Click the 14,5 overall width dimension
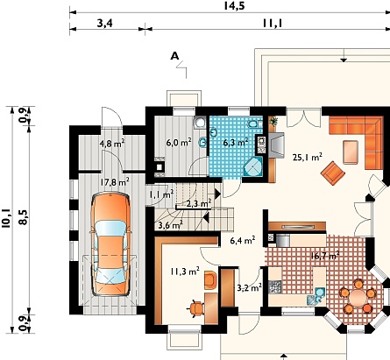point(234,6)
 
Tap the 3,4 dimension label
point(105,23)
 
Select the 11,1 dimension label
point(272,23)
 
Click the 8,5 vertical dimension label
point(23,217)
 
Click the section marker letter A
point(174,56)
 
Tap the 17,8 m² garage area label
point(115,182)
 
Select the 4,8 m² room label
point(112,144)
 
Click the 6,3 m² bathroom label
point(236,143)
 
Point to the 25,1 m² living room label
point(308,158)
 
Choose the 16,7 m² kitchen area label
point(325,256)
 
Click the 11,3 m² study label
point(185,272)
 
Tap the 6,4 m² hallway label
point(243,240)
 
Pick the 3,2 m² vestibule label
point(249,288)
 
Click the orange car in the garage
point(110,244)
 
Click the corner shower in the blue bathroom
point(253,167)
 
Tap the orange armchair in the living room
point(333,173)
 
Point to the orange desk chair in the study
point(196,308)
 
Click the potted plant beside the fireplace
point(273,121)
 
